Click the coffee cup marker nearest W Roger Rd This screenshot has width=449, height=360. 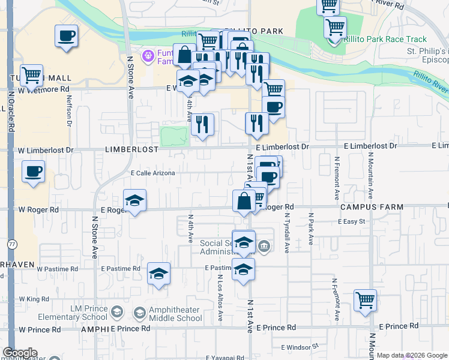pos(34,172)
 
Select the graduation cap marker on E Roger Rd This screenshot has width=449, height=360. pos(135,201)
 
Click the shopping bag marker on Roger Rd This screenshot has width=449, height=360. pos(244,201)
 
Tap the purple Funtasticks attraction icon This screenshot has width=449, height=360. pos(148,57)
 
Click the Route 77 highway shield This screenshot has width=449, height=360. pos(12,244)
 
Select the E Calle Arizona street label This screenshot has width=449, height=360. pos(153,173)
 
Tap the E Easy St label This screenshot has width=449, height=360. pos(351,221)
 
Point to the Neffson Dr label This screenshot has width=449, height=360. pos(70,111)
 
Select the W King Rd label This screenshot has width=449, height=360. pos(34,298)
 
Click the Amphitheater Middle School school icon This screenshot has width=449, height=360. pos(139,313)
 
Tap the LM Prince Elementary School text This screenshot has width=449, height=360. pos(80,313)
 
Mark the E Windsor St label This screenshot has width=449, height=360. pos(299,347)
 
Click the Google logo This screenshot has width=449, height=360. pos(20,353)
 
